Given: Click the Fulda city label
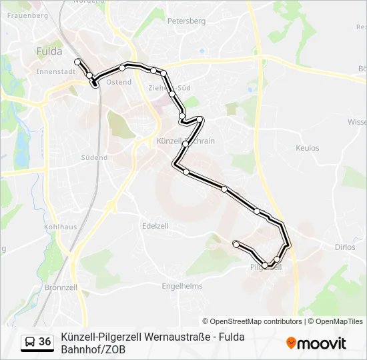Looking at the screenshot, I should point(50,51).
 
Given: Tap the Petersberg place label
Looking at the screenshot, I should point(186,21).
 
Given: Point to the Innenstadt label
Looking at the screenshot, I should point(55,71).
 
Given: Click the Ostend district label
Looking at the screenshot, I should point(119,82).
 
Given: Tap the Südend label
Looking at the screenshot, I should point(94,158).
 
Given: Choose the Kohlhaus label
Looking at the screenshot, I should point(60,227).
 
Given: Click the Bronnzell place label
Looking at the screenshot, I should point(61,288).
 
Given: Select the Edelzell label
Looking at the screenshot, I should point(155,226).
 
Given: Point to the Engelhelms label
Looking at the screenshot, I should point(182,286).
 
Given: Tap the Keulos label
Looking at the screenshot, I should point(307,148).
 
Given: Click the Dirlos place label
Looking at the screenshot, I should point(344,247).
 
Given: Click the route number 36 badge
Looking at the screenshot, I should point(45,342).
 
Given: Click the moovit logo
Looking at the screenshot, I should point(316,343).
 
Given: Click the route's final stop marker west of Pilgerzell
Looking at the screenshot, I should point(236,244).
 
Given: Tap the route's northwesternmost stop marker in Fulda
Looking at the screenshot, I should point(77,62).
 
